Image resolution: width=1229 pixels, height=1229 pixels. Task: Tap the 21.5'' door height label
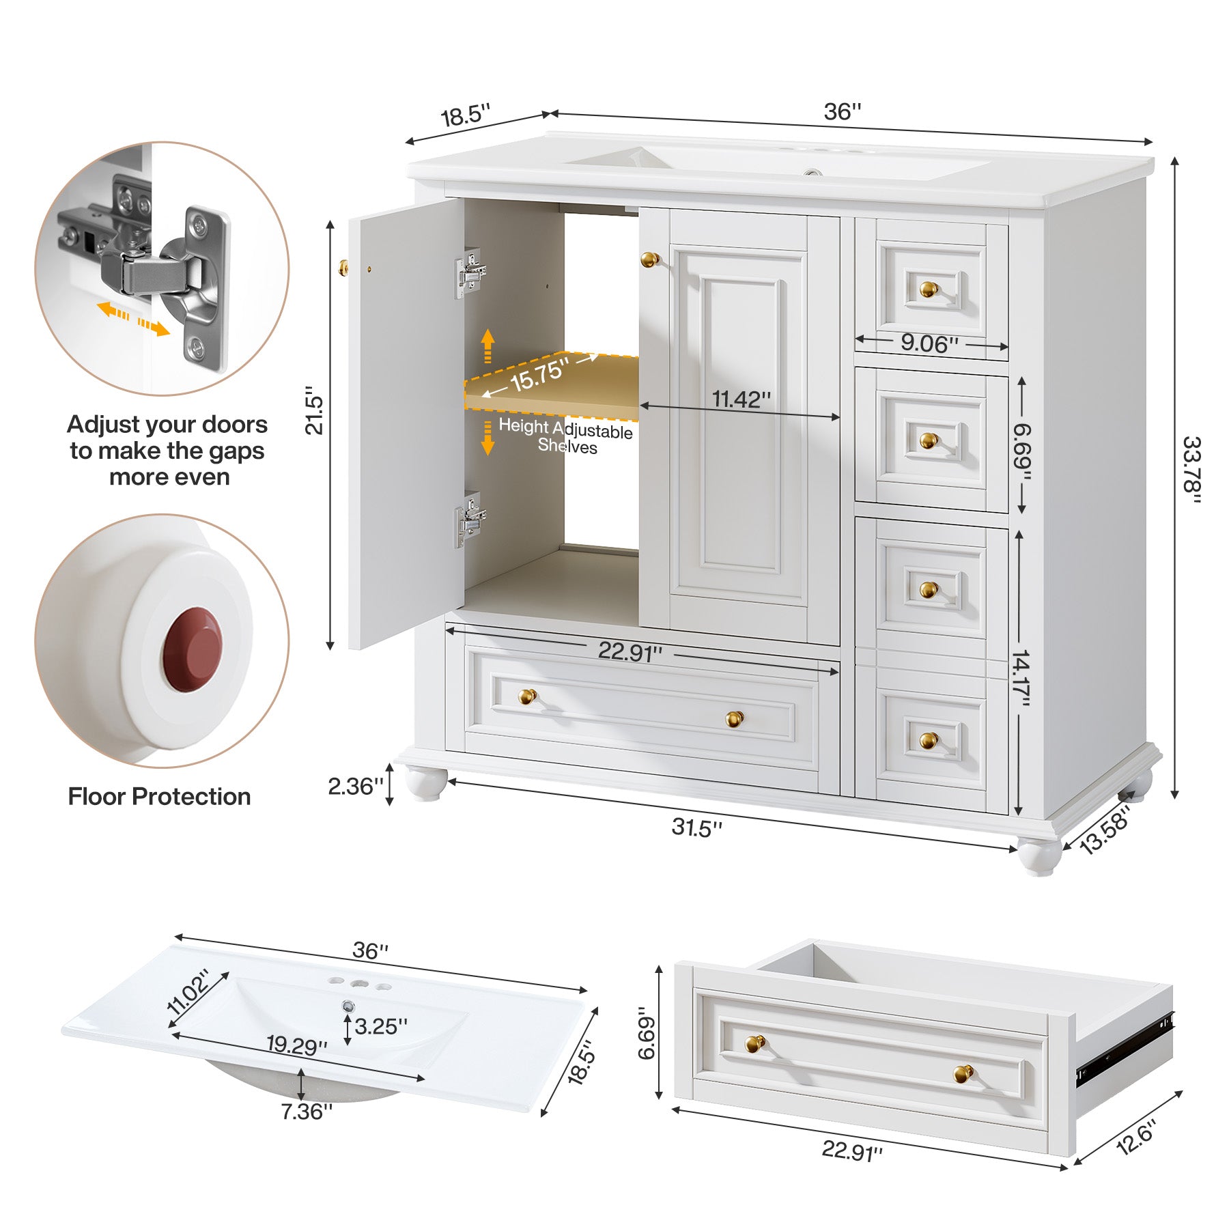tap(313, 410)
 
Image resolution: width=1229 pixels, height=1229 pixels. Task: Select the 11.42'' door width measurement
tap(741, 399)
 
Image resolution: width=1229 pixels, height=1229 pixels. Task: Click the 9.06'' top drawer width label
tap(929, 343)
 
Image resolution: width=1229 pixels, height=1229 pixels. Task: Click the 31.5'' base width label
tap(696, 828)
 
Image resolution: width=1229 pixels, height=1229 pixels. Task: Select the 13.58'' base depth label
tap(1105, 830)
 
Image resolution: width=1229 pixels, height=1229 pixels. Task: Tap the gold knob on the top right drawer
tap(928, 289)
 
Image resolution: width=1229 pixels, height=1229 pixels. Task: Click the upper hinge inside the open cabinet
tap(471, 273)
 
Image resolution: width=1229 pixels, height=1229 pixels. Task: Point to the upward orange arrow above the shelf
tap(488, 345)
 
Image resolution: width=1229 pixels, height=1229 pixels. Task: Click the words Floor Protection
tap(159, 797)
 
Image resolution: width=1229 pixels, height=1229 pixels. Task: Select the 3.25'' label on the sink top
tap(380, 1026)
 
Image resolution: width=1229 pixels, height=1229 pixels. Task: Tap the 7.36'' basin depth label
tap(307, 1112)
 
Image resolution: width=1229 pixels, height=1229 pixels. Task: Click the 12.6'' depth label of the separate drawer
tap(1135, 1137)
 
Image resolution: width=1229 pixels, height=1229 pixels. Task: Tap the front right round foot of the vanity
tap(1039, 856)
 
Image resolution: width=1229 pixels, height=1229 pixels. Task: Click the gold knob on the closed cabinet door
tap(649, 259)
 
